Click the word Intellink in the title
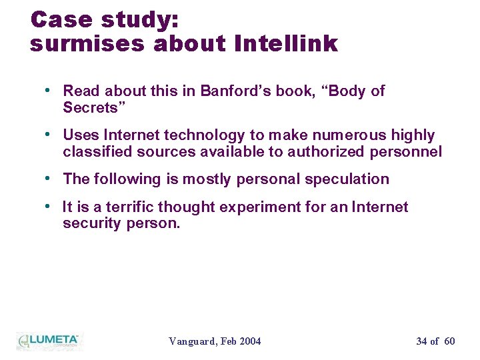[x=287, y=44]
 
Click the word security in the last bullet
[x=91, y=223]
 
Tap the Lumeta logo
[x=49, y=340]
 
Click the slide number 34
[x=421, y=341]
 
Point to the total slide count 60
[x=449, y=341]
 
